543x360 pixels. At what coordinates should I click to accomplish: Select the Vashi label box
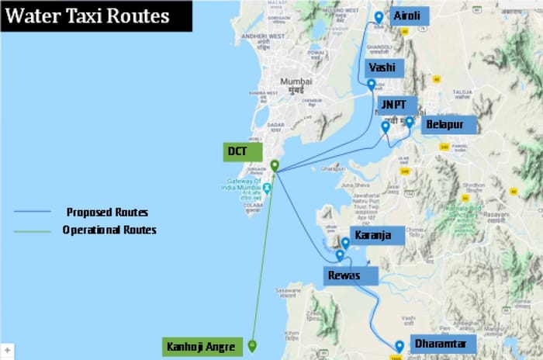tap(387, 67)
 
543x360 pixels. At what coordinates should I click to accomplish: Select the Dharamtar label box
tap(438, 344)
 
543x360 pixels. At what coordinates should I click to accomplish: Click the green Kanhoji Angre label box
tap(199, 346)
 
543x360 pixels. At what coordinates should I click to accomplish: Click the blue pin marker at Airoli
tap(379, 17)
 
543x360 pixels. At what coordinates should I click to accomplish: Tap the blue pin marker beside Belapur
tap(410, 122)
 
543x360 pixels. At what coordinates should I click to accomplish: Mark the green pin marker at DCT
tap(275, 164)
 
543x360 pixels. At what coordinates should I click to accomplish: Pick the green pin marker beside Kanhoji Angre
tap(253, 345)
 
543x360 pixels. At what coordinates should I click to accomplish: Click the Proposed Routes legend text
tap(107, 212)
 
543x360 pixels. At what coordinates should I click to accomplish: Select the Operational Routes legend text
tap(109, 230)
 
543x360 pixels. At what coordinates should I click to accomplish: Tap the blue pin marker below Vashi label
tap(372, 84)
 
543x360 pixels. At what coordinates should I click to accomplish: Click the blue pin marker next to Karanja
tap(345, 243)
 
